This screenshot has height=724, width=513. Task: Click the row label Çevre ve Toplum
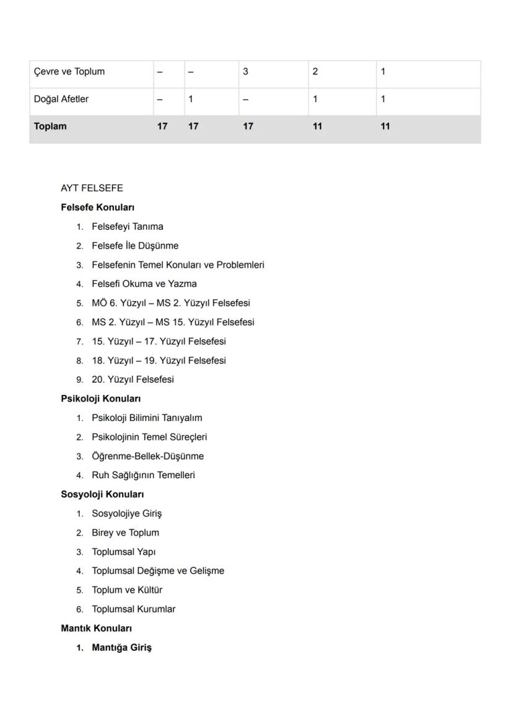pyautogui.click(x=69, y=72)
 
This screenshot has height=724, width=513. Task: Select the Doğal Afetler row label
pyautogui.click(x=61, y=99)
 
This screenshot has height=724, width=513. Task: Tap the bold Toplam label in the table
pyautogui.click(x=50, y=126)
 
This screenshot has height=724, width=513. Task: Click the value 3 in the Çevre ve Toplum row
pyautogui.click(x=245, y=72)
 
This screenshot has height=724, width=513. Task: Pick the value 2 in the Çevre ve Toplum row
pyautogui.click(x=315, y=72)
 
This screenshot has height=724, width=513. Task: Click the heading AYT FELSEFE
pyautogui.click(x=92, y=188)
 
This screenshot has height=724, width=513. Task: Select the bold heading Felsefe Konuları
pyautogui.click(x=97, y=207)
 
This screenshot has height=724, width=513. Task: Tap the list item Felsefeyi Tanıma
pyautogui.click(x=128, y=227)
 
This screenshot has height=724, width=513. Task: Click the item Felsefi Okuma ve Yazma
pyautogui.click(x=144, y=284)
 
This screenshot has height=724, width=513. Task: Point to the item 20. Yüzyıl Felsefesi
pyautogui.click(x=133, y=380)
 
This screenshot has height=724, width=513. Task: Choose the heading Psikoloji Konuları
pyautogui.click(x=100, y=399)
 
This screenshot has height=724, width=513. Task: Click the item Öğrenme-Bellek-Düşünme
pyautogui.click(x=147, y=456)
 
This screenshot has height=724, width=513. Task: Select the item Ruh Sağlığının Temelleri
pyautogui.click(x=143, y=476)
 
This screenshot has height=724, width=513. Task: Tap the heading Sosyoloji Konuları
pyautogui.click(x=102, y=495)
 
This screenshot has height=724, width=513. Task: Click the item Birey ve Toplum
pyautogui.click(x=125, y=533)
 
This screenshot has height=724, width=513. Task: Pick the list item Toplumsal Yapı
pyautogui.click(x=123, y=552)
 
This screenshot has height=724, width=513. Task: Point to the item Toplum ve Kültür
pyautogui.click(x=127, y=590)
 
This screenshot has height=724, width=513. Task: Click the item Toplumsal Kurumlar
pyautogui.click(x=133, y=609)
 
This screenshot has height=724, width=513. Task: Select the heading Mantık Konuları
pyautogui.click(x=96, y=629)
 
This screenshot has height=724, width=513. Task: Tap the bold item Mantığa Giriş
pyautogui.click(x=121, y=648)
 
